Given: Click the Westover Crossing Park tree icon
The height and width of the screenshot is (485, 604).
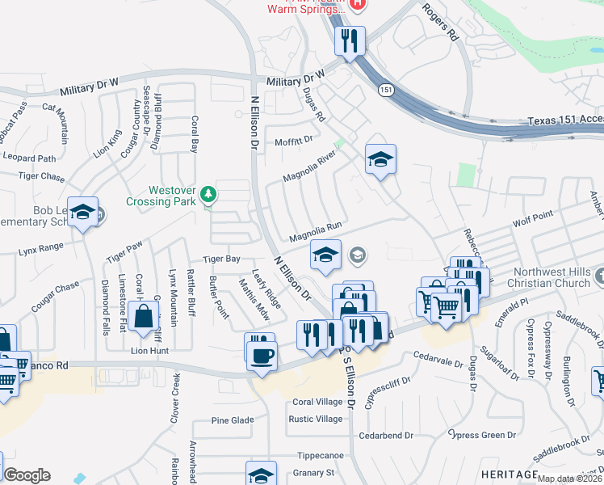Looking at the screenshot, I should [x=209, y=194].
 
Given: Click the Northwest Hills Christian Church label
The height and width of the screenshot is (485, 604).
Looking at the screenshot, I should [x=549, y=278].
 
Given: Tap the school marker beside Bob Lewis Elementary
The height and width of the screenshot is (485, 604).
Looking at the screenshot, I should [x=82, y=212].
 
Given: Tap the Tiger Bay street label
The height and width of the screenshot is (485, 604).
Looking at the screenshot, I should [x=221, y=259].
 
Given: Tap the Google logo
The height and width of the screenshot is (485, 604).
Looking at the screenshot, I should [x=27, y=475].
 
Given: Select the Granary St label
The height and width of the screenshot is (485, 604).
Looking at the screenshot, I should [x=314, y=473].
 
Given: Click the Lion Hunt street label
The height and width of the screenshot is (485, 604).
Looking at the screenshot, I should [x=150, y=351].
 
